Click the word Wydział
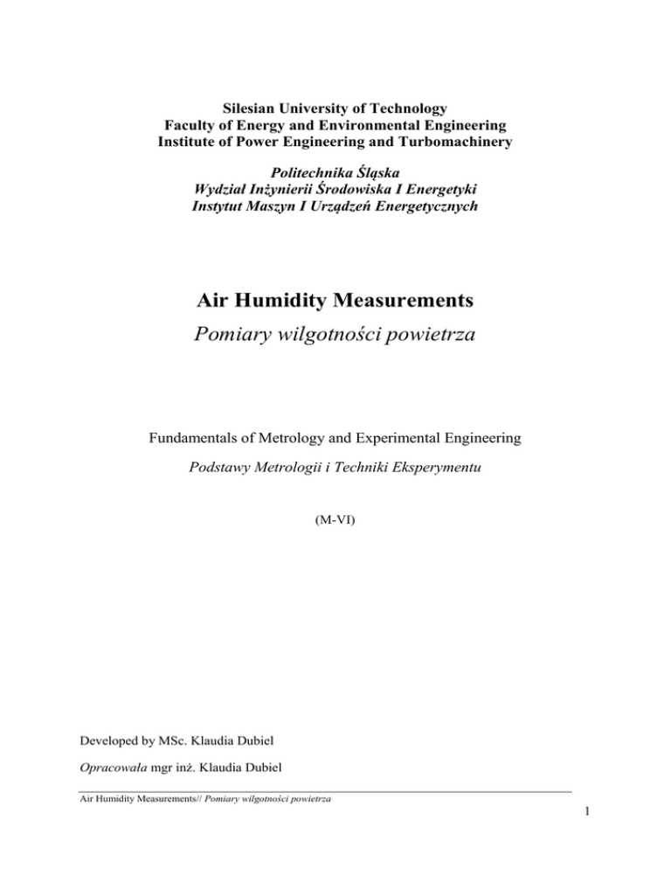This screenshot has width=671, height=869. pyautogui.click(x=225, y=191)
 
